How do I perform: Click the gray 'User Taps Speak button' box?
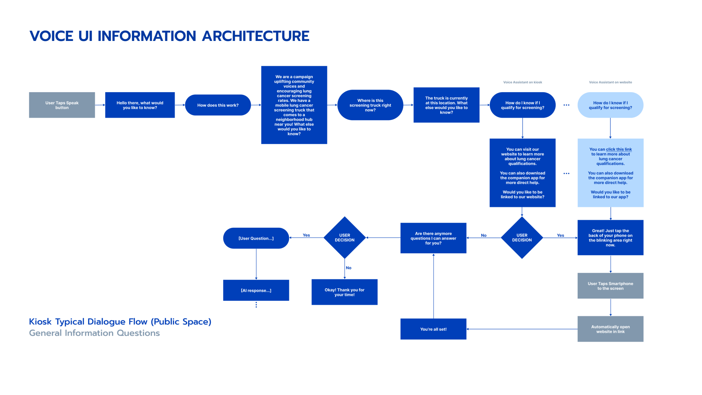(62, 105)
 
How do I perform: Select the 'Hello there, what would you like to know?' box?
(140, 105)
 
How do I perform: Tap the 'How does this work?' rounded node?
(218, 105)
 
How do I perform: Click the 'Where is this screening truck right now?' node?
(370, 105)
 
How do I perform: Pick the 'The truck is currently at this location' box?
(446, 105)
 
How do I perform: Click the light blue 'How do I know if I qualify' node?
(610, 105)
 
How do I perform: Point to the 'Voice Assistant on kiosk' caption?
(522, 82)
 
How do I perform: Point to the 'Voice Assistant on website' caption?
(610, 82)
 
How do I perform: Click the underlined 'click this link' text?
(619, 149)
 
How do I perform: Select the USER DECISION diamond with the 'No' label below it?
(345, 238)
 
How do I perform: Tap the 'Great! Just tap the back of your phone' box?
(610, 238)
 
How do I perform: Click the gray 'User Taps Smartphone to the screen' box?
(610, 286)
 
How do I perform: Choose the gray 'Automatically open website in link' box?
(610, 329)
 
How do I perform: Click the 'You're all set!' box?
(433, 329)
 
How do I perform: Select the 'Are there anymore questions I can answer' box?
(433, 238)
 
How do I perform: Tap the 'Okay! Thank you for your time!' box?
(344, 292)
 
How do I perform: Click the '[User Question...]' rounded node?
(256, 238)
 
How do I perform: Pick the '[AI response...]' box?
(256, 290)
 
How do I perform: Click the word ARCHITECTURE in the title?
(256, 36)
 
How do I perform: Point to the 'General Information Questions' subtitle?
(94, 333)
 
